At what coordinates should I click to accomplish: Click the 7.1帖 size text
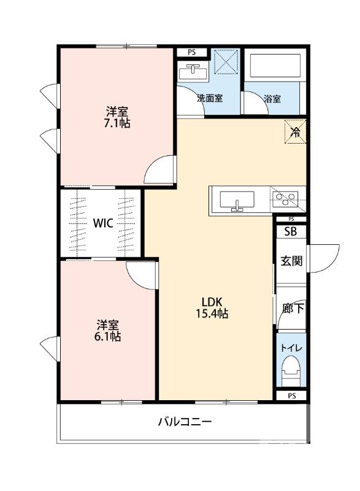pyautogui.click(x=117, y=123)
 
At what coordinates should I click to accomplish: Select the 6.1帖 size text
pyautogui.click(x=108, y=336)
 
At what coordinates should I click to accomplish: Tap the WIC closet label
pyautogui.click(x=102, y=223)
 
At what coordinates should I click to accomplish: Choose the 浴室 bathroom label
pyautogui.click(x=272, y=98)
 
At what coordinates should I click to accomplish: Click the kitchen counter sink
pyautogui.click(x=236, y=200)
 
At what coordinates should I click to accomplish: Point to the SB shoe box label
pyautogui.click(x=290, y=231)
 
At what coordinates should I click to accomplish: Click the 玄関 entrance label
pyautogui.click(x=291, y=261)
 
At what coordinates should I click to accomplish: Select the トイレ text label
pyautogui.click(x=291, y=347)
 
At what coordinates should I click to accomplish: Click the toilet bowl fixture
pyautogui.click(x=290, y=371)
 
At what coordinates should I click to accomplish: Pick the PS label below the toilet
pyautogui.click(x=291, y=396)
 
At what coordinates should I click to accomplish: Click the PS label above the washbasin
pyautogui.click(x=192, y=52)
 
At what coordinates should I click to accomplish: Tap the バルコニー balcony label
pyautogui.click(x=185, y=422)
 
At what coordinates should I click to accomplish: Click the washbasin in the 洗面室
pyautogui.click(x=193, y=72)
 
